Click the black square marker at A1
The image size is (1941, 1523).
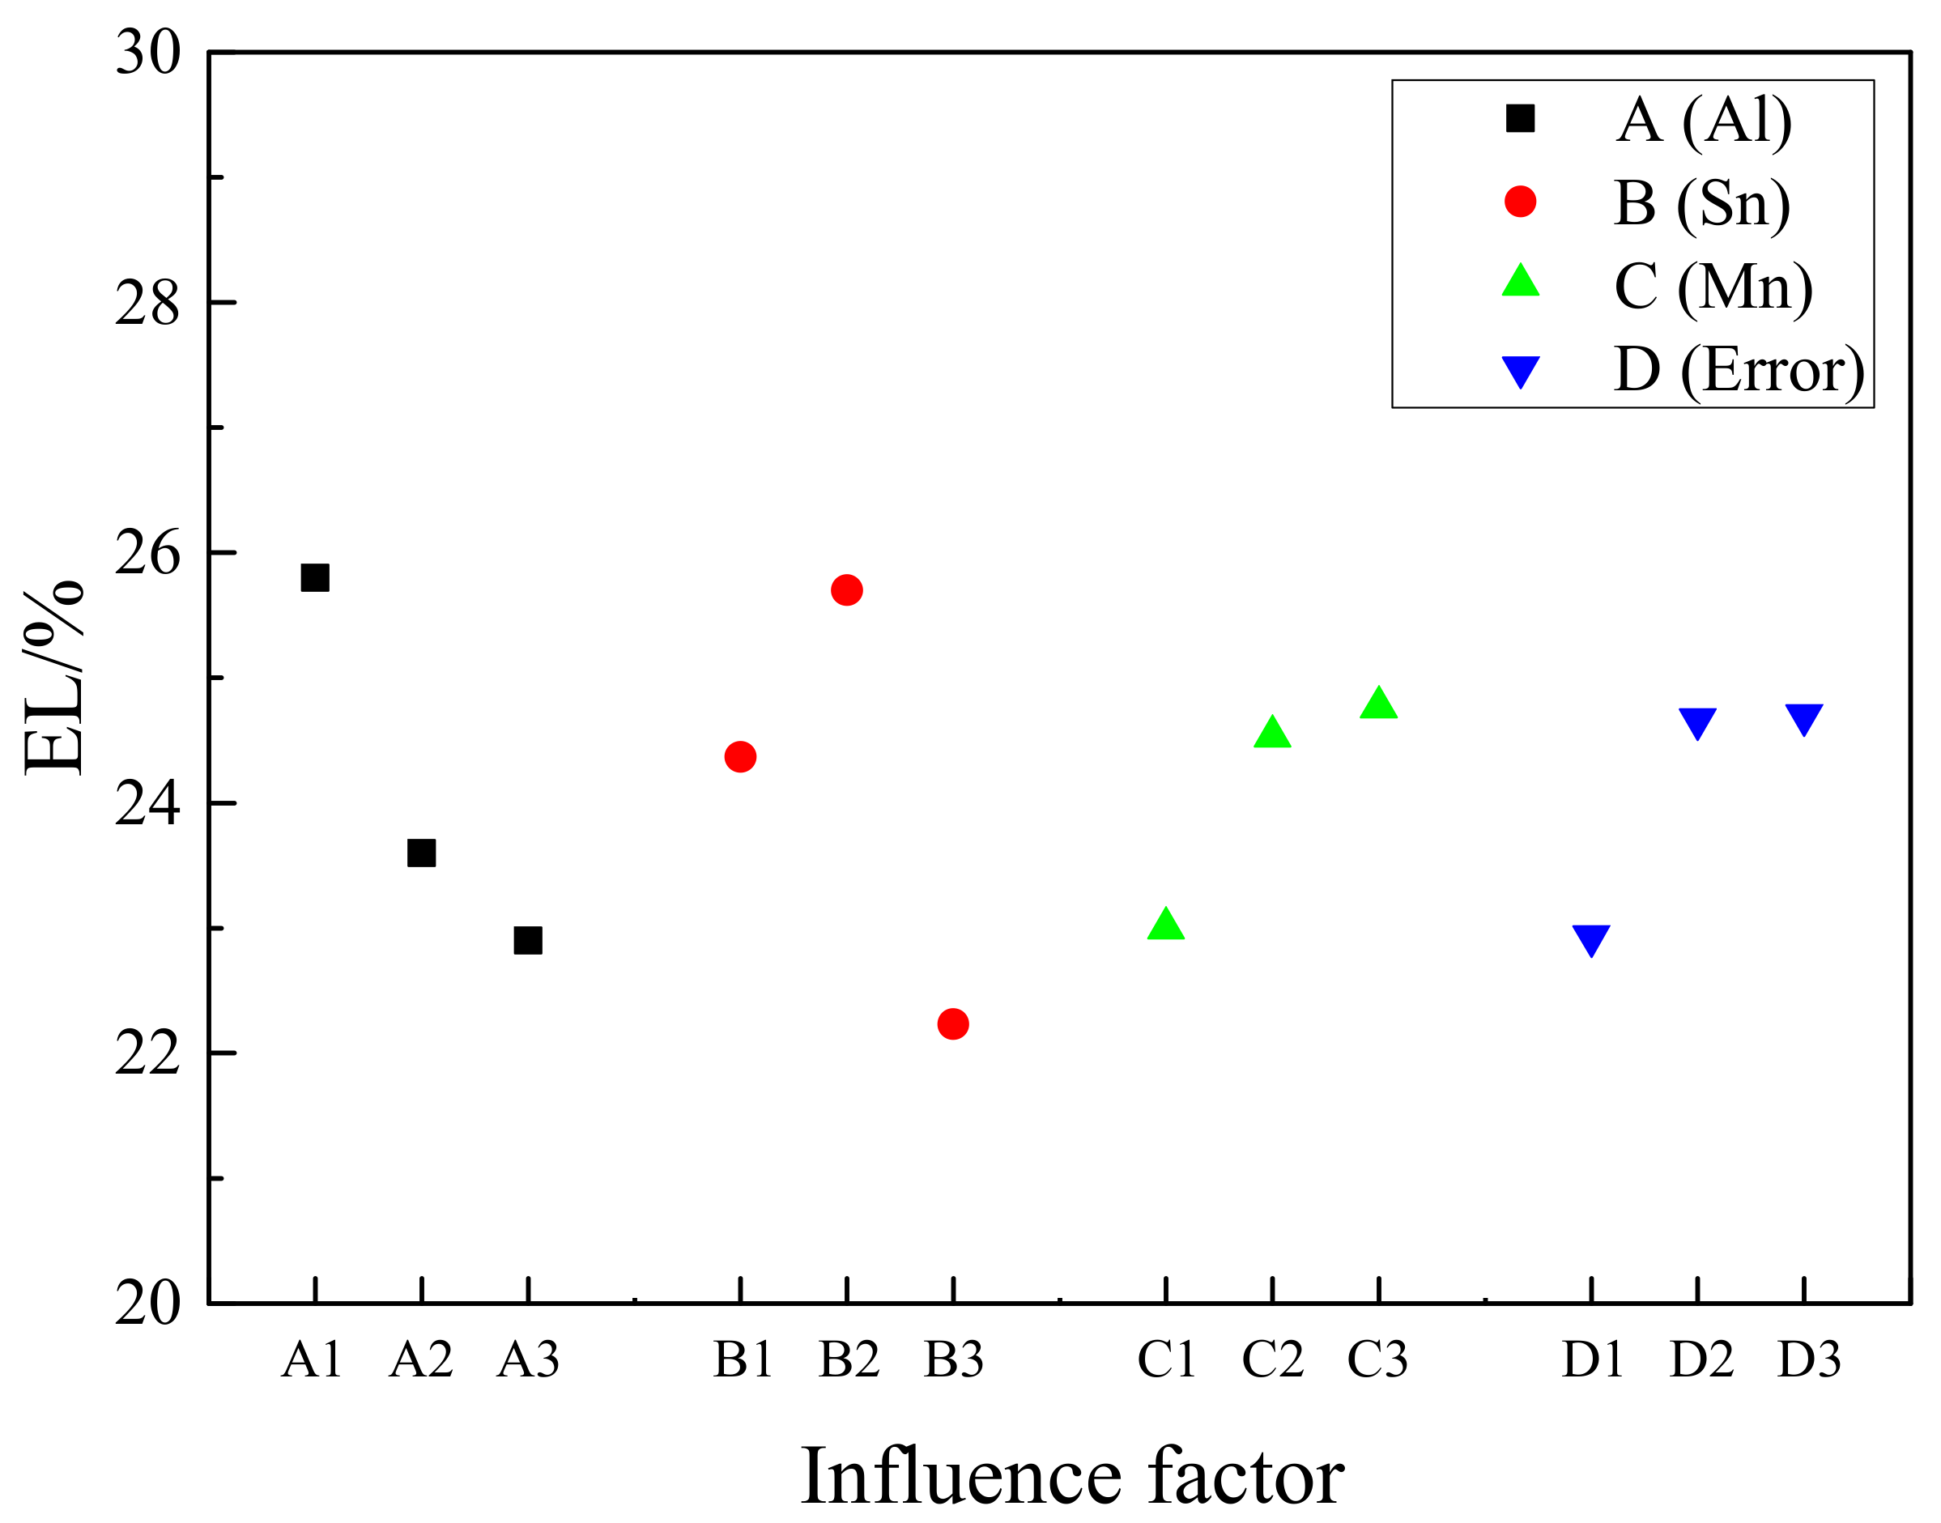pos(315,578)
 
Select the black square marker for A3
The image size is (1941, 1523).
pos(528,940)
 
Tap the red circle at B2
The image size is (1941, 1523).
pos(846,589)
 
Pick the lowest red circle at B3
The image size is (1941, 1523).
pos(953,1023)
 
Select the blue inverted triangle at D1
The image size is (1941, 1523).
pos(1591,939)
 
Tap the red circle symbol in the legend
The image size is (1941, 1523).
pos(1520,202)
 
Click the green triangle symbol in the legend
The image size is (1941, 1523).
pos(1520,282)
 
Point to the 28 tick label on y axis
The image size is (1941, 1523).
pos(147,303)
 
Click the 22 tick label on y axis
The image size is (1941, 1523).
pos(147,1053)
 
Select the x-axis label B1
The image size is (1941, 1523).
pos(742,1359)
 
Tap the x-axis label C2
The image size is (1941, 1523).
pos(1272,1359)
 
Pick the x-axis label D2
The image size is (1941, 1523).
pos(1701,1359)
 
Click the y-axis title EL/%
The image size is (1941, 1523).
pos(53,678)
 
